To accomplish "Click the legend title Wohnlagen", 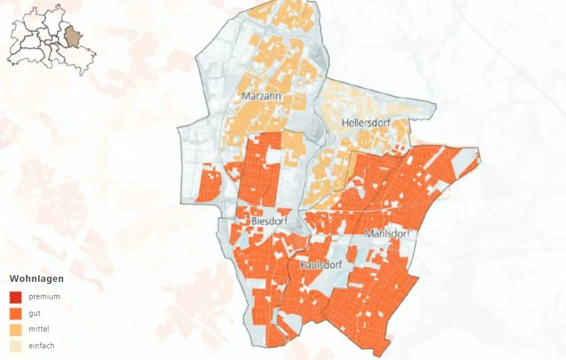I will [37, 279].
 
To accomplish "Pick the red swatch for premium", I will [16, 297].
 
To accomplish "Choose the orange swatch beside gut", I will [16, 313].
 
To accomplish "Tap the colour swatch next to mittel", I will [16, 330].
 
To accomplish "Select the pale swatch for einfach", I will [16, 346].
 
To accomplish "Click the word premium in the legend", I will [44, 297].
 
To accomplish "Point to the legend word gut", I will [35, 313].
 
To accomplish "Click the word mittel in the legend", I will [39, 330].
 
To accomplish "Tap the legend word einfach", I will [41, 346].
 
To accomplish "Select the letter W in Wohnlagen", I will [14, 279].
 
